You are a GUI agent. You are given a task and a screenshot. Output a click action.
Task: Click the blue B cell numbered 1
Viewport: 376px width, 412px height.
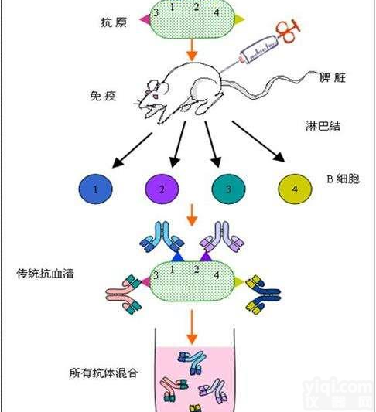[x=95, y=188]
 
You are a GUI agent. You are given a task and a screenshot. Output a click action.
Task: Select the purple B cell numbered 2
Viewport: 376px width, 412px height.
[x=162, y=188]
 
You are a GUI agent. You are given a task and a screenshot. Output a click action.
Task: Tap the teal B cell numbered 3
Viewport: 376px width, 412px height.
[x=229, y=188]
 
